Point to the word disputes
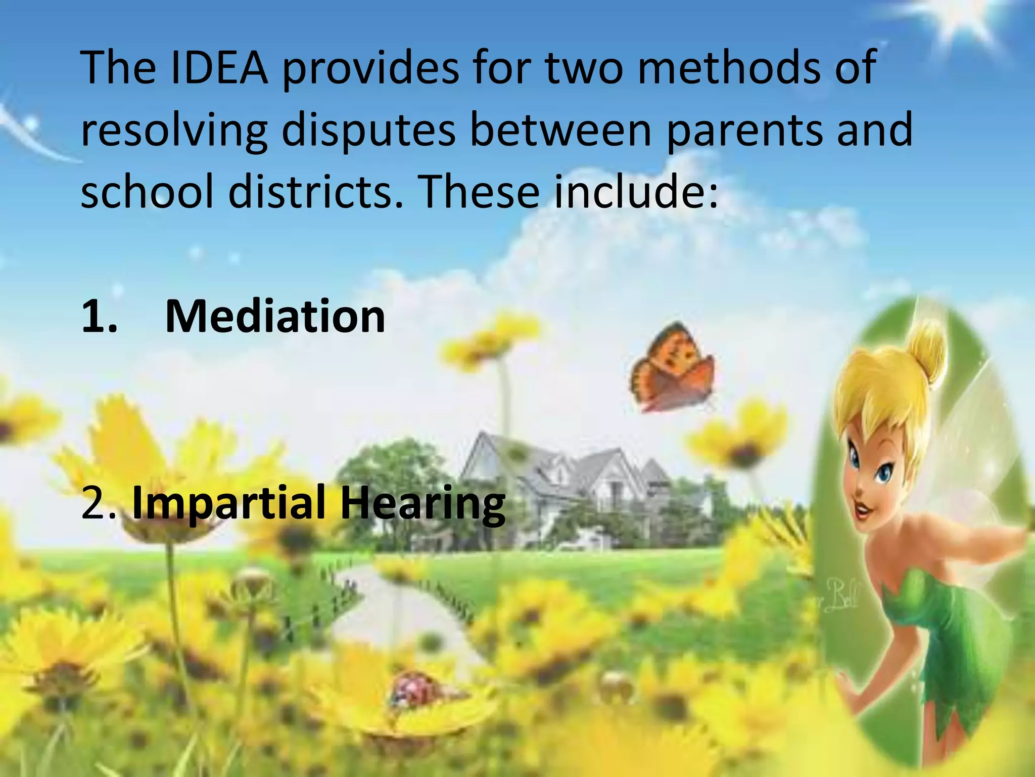click(x=368, y=130)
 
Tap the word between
click(x=561, y=130)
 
